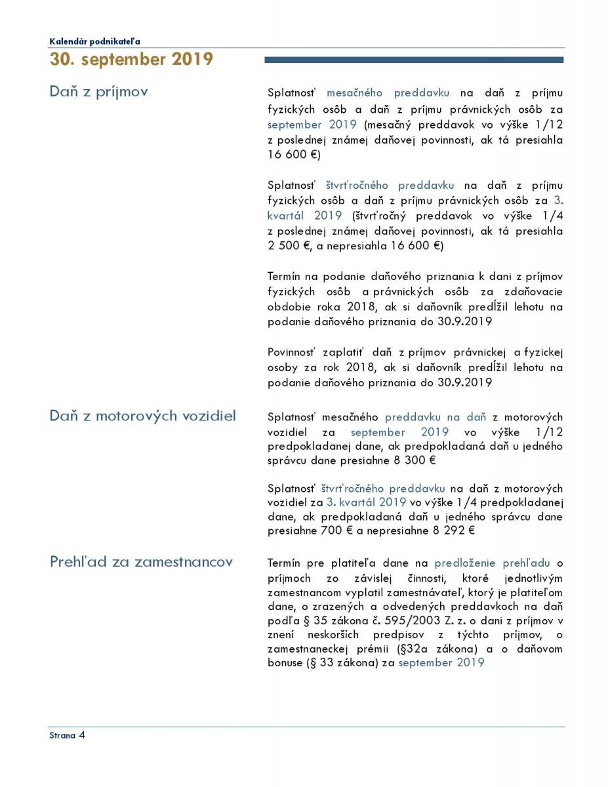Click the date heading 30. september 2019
click(x=131, y=59)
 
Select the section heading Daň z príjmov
click(x=98, y=91)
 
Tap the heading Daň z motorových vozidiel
click(x=142, y=416)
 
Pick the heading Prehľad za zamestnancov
click(x=141, y=562)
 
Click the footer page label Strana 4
click(x=67, y=735)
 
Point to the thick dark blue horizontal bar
click(x=413, y=60)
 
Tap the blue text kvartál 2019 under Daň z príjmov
click(x=304, y=215)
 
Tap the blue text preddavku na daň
click(x=435, y=417)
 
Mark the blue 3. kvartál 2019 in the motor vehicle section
click(x=366, y=502)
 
